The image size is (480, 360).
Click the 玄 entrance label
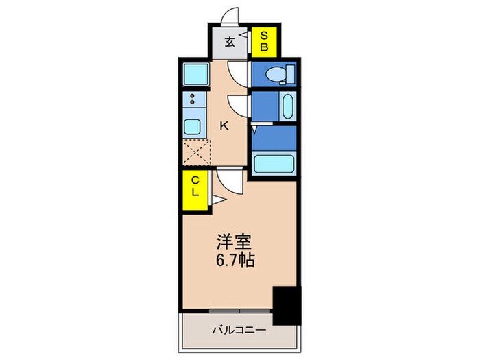click(x=230, y=42)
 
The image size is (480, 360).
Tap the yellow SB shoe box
click(x=263, y=42)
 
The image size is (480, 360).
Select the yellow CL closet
click(x=195, y=186)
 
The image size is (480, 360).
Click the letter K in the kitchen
click(x=224, y=125)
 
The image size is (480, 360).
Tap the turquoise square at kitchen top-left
click(x=196, y=73)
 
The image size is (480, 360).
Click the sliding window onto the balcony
click(x=240, y=311)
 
